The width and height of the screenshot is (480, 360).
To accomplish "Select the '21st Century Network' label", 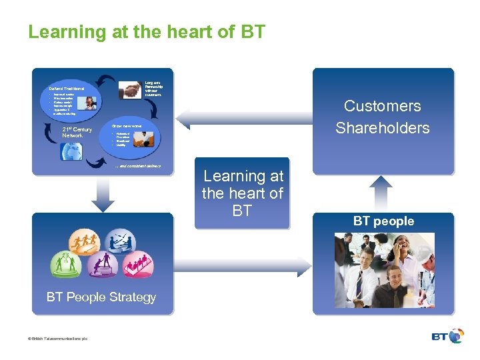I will tap(77, 132).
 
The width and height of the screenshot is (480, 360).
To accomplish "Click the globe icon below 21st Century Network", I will tap(72, 151).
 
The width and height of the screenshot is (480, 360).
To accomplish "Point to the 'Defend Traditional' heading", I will tap(67, 89).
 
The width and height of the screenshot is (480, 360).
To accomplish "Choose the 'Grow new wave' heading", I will tap(126, 125).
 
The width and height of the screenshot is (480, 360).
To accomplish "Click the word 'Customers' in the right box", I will tap(382, 106).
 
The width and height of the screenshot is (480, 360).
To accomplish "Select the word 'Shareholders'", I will tap(382, 128).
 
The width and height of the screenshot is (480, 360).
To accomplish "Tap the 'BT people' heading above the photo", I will tap(383, 221).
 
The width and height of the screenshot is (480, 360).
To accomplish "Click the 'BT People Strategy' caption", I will tap(101, 297).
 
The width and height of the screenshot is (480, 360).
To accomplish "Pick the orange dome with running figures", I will tap(87, 241).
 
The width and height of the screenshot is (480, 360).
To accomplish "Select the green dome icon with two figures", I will tap(67, 265).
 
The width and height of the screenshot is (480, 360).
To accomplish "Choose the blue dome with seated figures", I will tap(120, 241).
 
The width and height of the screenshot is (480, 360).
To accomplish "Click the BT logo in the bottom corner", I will tap(447, 336).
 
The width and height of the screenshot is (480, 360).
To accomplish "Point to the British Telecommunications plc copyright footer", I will tap(58, 339).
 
